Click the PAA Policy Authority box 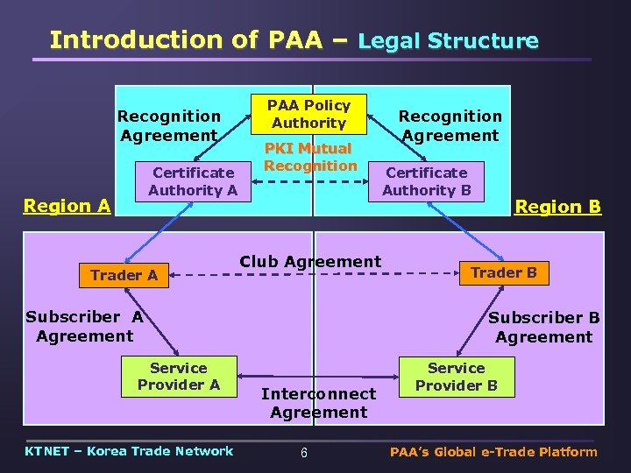point(309,114)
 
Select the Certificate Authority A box point(193,181)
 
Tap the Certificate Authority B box point(427,181)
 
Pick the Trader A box point(124,275)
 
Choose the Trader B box point(503,272)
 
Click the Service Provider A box point(179,377)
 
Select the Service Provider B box point(456,377)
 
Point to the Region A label point(67,206)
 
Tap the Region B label point(557,207)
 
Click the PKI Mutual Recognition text point(310,157)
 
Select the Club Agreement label point(310,261)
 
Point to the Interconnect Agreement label point(318,403)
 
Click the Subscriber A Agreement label point(84,326)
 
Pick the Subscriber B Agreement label point(543,327)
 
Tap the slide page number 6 point(303,453)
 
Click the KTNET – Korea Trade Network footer point(130,451)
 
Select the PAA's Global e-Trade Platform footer point(493,452)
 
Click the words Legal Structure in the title point(449,40)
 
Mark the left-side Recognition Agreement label point(169,125)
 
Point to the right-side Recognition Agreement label point(450,125)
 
